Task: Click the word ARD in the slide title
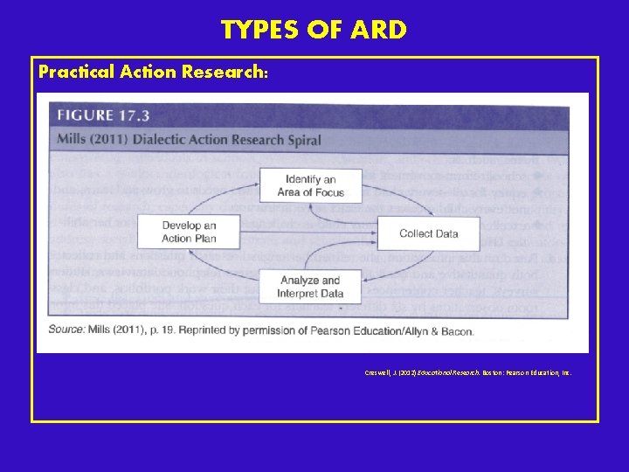pyautogui.click(x=378, y=31)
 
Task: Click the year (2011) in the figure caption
pyautogui.click(x=113, y=139)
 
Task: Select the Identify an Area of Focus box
pyautogui.click(x=310, y=185)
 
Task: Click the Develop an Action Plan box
pyautogui.click(x=188, y=232)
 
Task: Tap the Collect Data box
pyautogui.click(x=428, y=233)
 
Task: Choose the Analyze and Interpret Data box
pyautogui.click(x=311, y=287)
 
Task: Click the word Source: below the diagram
pyautogui.click(x=67, y=331)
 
